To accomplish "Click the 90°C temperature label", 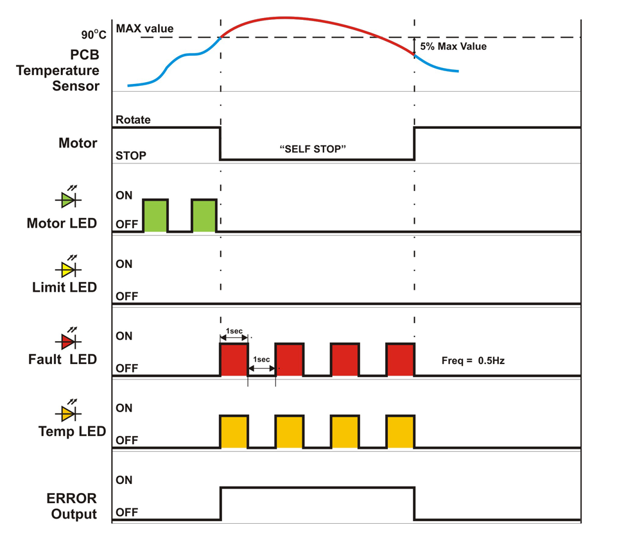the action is (x=94, y=35).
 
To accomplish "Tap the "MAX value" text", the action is (x=144, y=29).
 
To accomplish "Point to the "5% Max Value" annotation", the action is (x=453, y=46).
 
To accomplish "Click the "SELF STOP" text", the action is (x=313, y=149).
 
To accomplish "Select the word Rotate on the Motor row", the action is (x=133, y=120).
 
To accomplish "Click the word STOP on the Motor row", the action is (x=130, y=156).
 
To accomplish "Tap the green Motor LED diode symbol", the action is (x=68, y=197).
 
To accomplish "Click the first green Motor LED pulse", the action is (x=155, y=215).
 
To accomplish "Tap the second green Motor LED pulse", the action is (x=204, y=215).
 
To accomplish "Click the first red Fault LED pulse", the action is (x=234, y=360).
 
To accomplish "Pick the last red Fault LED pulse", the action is (x=400, y=360).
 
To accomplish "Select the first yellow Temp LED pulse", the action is (x=234, y=431).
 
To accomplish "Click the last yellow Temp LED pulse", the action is (x=400, y=431).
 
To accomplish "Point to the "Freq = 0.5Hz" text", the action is (x=473, y=361).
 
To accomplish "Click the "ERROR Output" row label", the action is (x=72, y=506).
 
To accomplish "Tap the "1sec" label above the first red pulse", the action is (x=234, y=331).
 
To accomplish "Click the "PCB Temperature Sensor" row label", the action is (x=58, y=71).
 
